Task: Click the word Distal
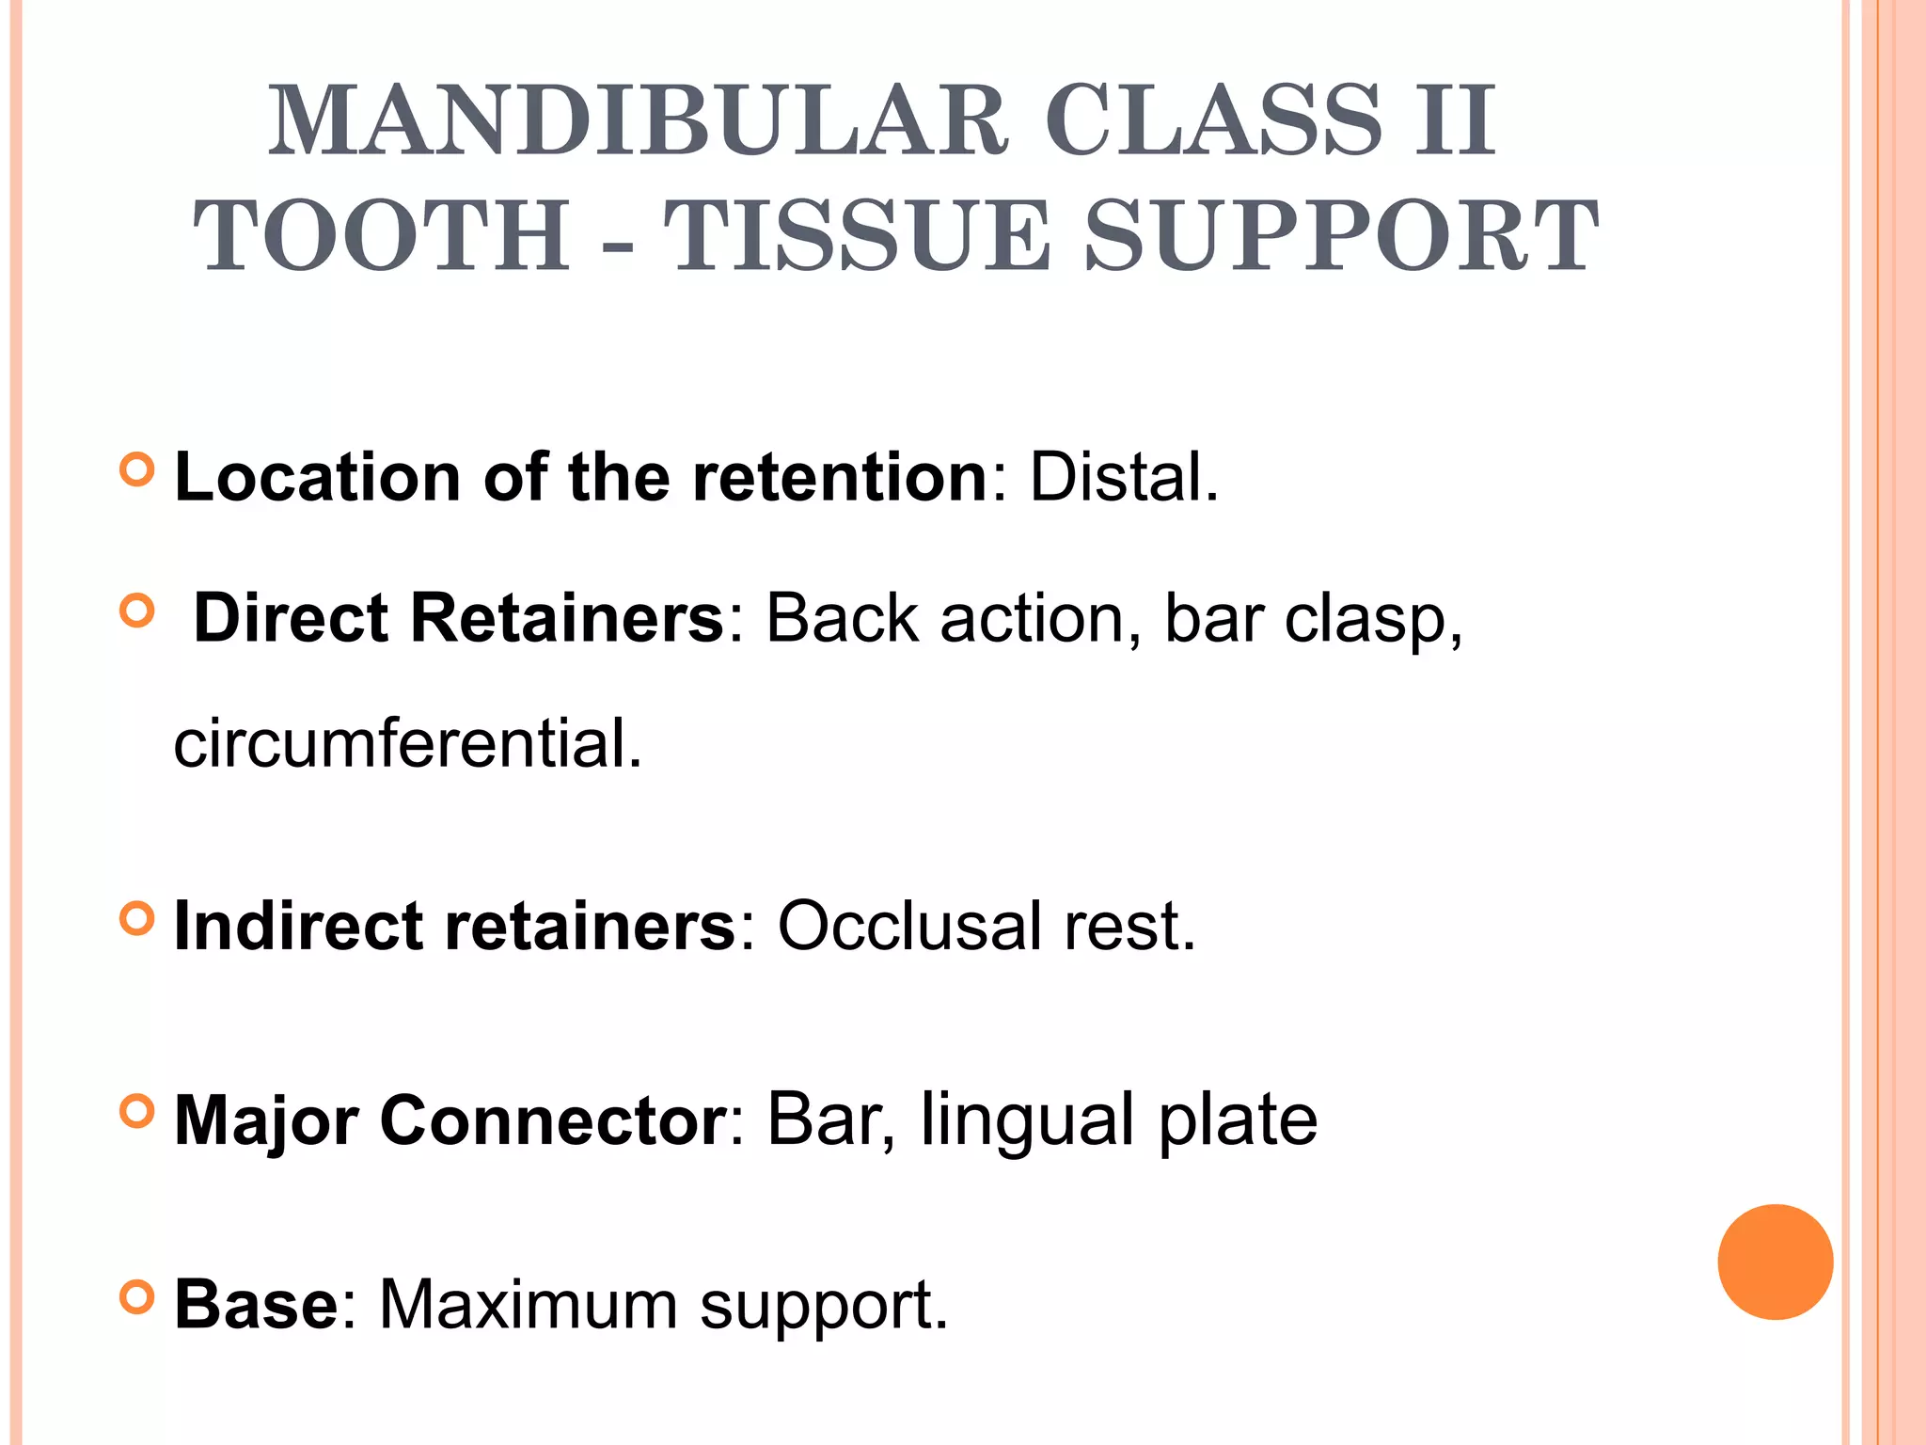pos(1124,477)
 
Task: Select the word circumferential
pos(407,743)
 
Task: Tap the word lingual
pos(1026,1119)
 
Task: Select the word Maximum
pos(528,1305)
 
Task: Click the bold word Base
pos(256,1305)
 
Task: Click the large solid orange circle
pos(1775,1262)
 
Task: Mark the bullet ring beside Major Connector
pos(137,1112)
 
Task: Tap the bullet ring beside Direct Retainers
pos(137,612)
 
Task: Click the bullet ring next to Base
pos(137,1297)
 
